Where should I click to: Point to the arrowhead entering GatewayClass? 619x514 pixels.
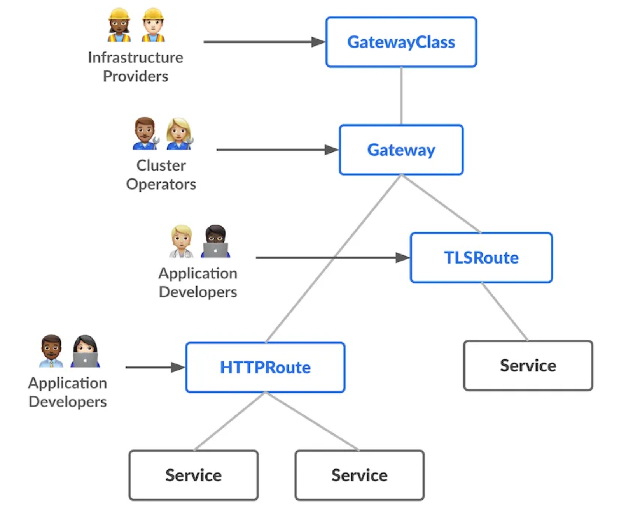click(318, 42)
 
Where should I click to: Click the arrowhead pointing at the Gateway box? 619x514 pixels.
click(332, 150)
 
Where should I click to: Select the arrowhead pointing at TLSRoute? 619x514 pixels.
click(403, 257)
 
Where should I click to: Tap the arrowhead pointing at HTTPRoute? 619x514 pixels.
click(178, 367)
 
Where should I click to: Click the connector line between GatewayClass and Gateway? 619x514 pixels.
click(401, 96)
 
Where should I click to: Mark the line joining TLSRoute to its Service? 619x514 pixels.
click(504, 312)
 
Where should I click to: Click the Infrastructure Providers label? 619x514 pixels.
click(135, 67)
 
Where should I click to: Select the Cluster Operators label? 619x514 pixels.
click(161, 174)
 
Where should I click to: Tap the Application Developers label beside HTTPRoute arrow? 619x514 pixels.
click(68, 392)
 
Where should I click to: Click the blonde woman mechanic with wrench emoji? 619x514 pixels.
click(179, 134)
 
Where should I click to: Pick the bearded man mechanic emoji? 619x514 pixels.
click(145, 133)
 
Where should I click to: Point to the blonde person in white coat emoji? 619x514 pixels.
click(182, 241)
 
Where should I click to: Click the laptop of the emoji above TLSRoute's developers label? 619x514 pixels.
click(215, 250)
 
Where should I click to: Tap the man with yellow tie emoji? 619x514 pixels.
click(51, 351)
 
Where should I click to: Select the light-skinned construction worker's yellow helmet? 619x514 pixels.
click(153, 14)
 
